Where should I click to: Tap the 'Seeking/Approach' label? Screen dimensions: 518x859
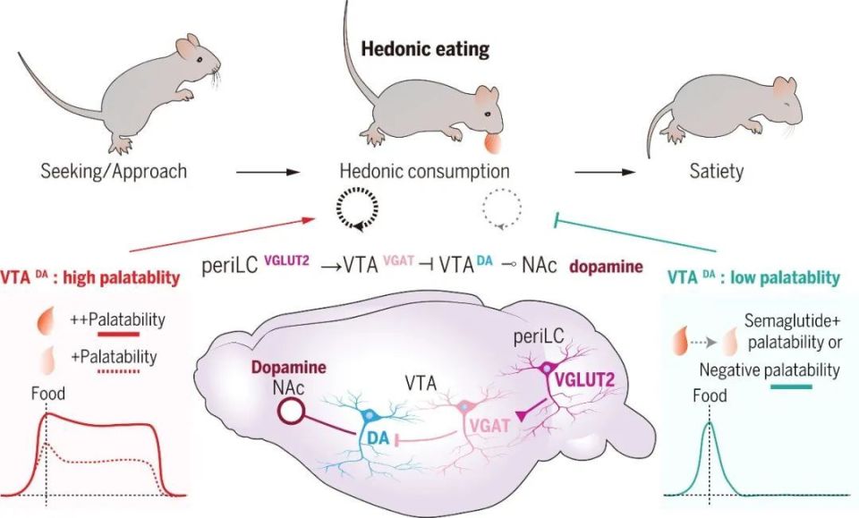[114, 170]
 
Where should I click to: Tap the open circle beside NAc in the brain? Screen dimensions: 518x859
[293, 412]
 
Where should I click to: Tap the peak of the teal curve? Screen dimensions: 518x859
[710, 424]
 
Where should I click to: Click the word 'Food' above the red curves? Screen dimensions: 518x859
[47, 393]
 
